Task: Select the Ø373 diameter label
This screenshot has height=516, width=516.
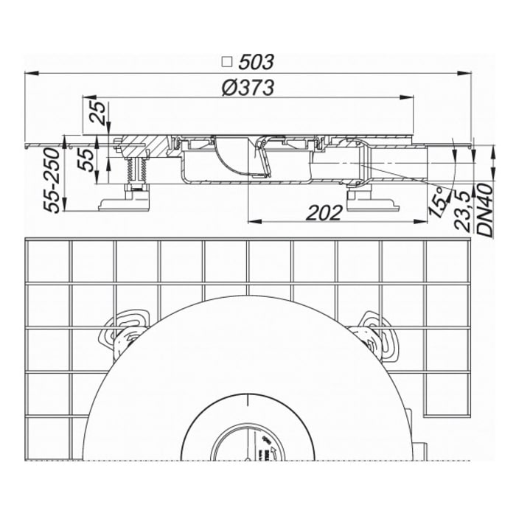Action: (248, 88)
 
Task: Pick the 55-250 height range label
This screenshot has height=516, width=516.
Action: (52, 180)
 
